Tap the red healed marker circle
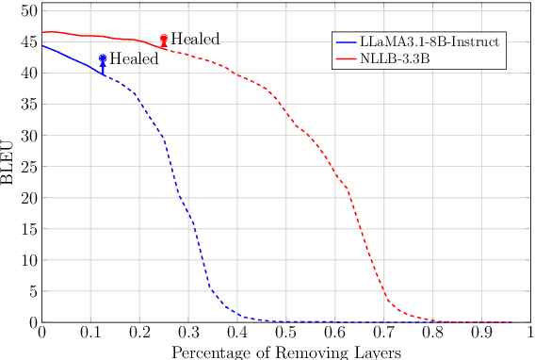pos(164,39)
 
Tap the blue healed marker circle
pos(103,58)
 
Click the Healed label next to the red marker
pos(195,40)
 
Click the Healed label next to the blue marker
pos(134,58)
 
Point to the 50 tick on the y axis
pos(29,10)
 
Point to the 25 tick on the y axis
pos(29,167)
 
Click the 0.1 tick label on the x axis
pos(90,333)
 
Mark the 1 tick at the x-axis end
pos(530,333)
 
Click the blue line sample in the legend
pos(347,42)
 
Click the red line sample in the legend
pos(347,58)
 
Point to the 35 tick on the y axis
pos(29,104)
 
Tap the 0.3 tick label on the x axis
pos(188,333)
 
